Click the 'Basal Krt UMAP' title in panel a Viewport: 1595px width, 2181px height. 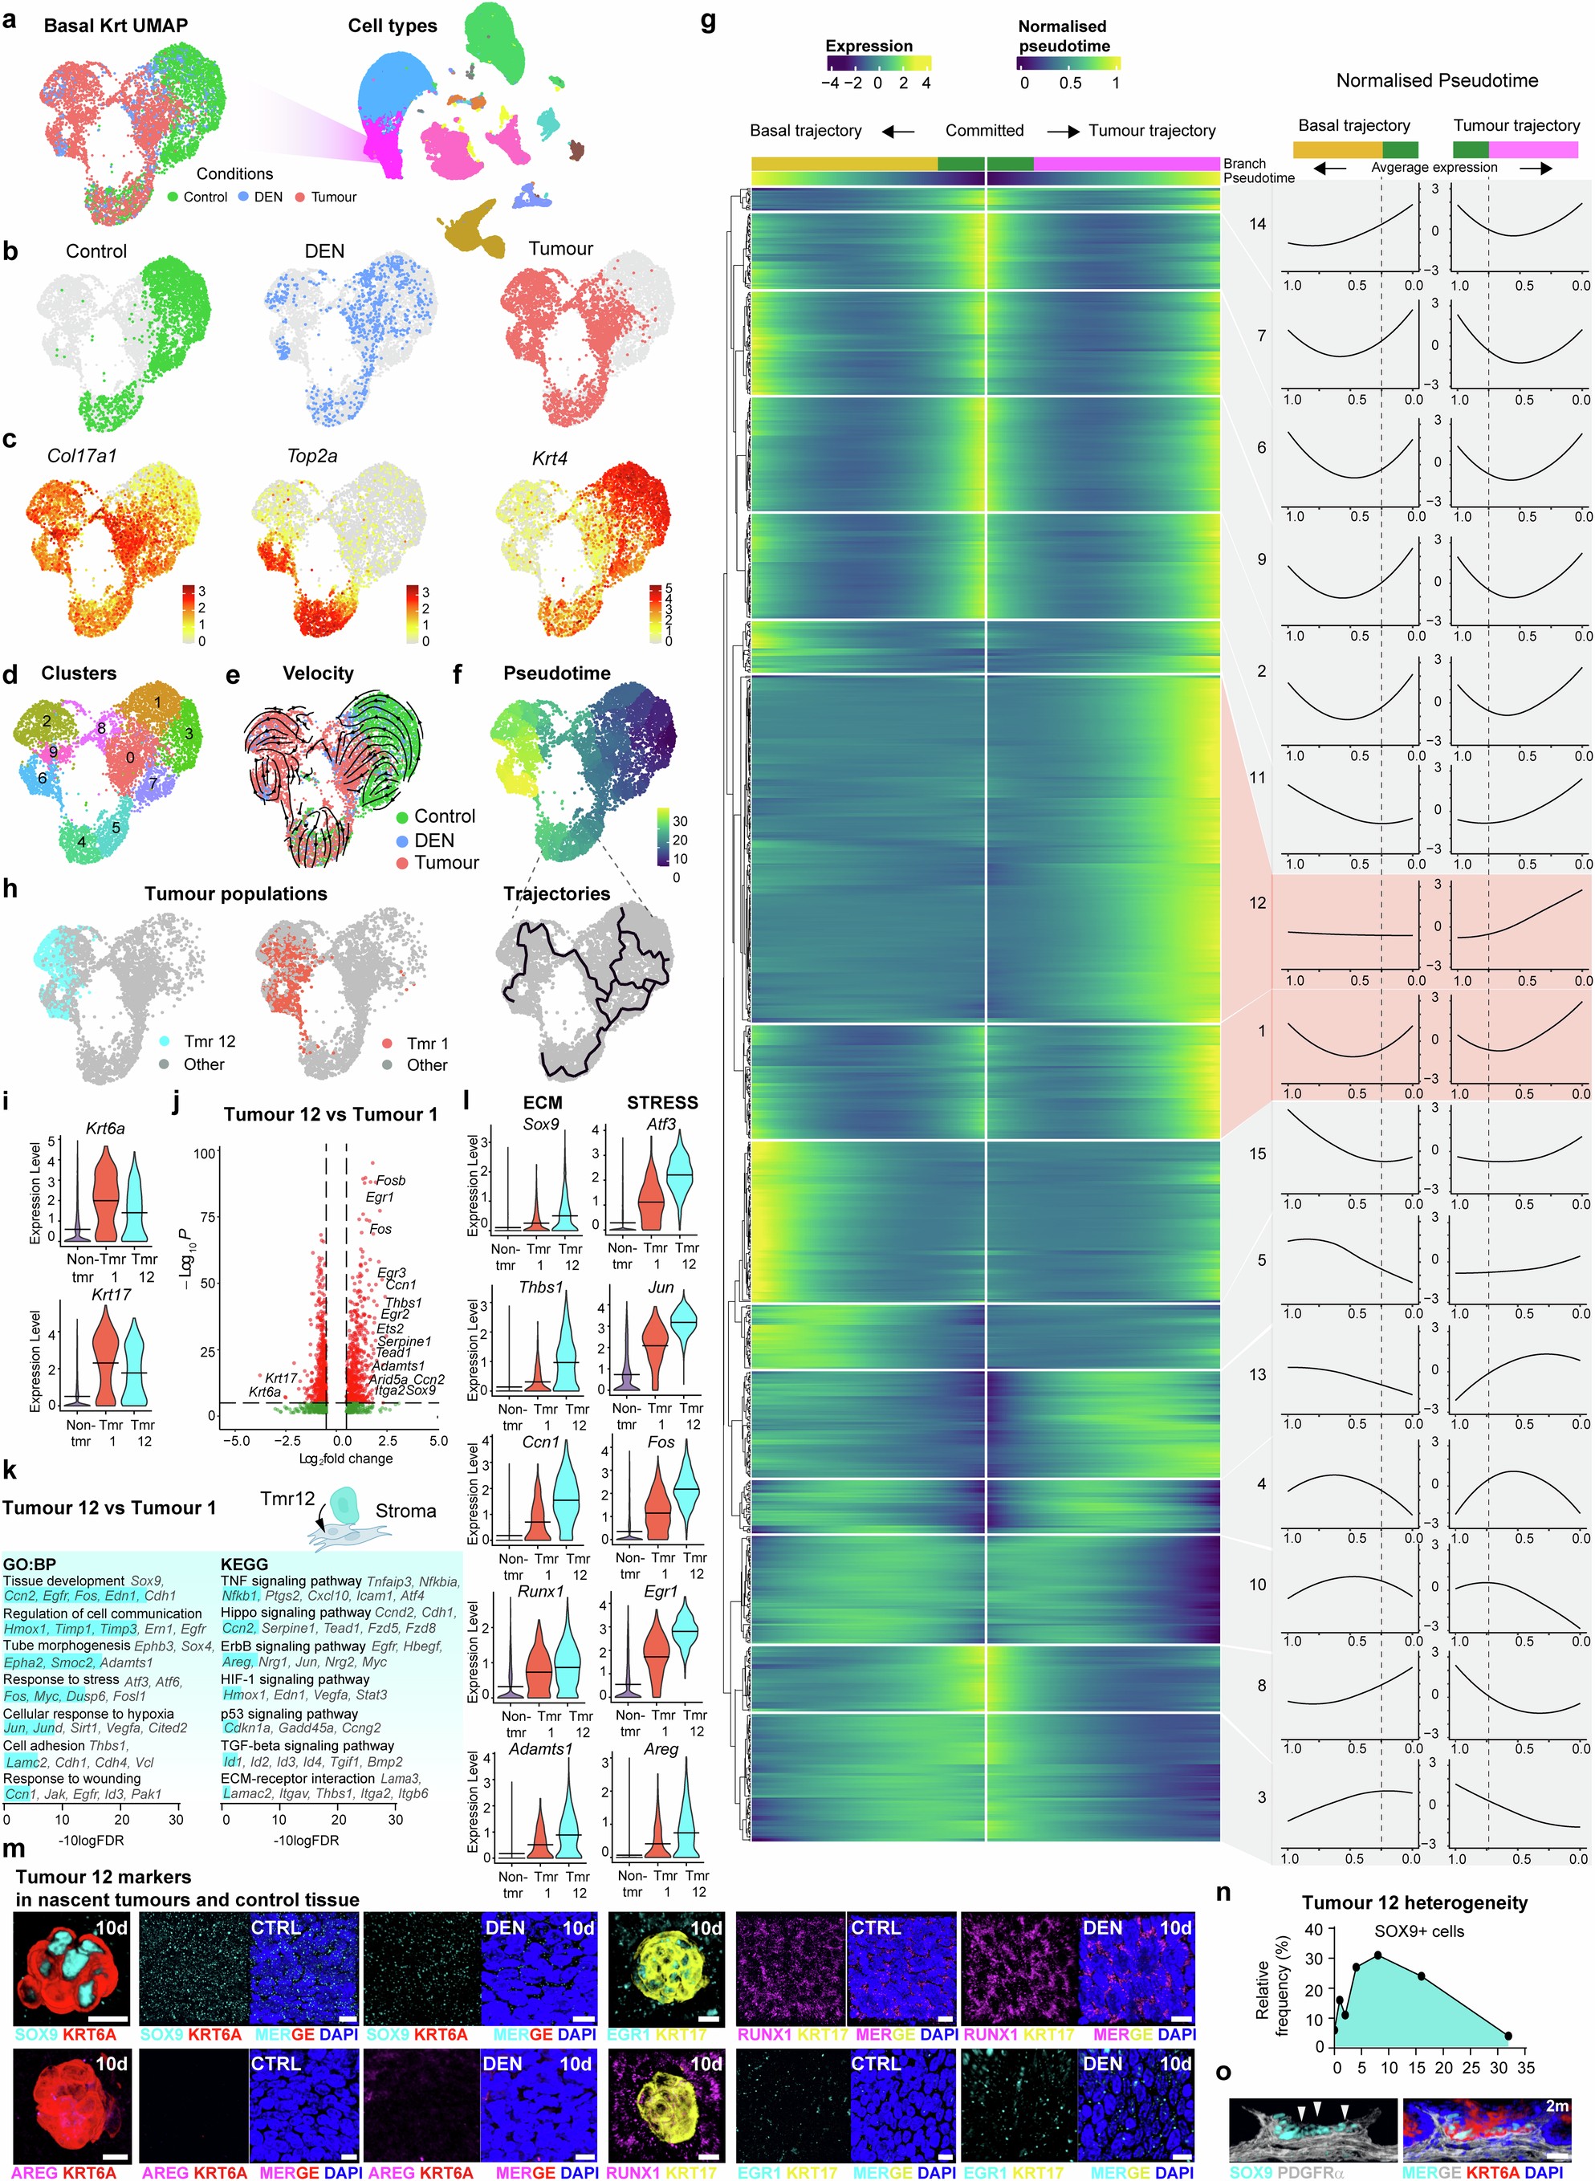click(x=115, y=26)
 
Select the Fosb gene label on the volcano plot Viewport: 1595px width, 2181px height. click(x=390, y=1180)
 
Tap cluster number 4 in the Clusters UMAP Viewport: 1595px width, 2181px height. click(x=81, y=842)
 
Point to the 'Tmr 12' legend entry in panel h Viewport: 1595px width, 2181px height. click(x=210, y=1041)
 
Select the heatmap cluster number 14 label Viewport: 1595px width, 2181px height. click(x=1257, y=224)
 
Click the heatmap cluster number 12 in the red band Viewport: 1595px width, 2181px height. click(x=1257, y=903)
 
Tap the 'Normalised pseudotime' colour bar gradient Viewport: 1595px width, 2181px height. click(x=1068, y=63)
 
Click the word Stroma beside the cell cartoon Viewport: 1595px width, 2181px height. click(x=405, y=1511)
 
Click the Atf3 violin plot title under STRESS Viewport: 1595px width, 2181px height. click(x=661, y=1124)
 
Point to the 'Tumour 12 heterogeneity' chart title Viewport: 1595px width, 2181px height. click(x=1414, y=1903)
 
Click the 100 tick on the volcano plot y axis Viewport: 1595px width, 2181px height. click(x=205, y=1153)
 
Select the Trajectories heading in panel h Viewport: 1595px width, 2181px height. click(x=556, y=894)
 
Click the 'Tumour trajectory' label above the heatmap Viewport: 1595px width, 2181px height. click(x=1152, y=130)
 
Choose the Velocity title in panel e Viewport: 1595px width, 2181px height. click(x=318, y=673)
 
